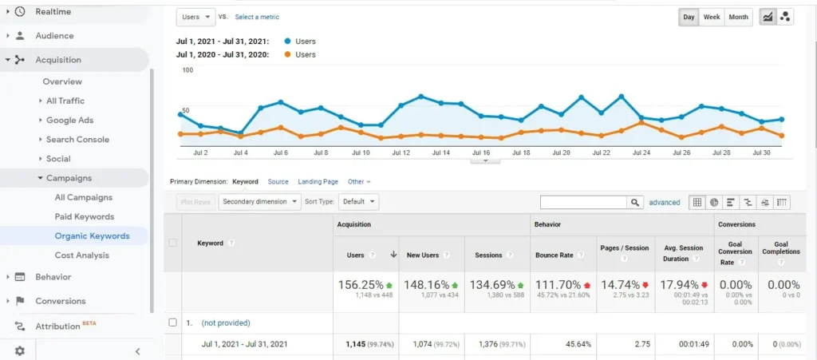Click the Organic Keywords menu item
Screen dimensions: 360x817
[92, 235]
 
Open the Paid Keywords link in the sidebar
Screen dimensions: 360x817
[85, 216]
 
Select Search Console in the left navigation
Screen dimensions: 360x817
[77, 139]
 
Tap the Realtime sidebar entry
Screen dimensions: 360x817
[53, 11]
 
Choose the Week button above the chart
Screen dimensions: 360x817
[712, 17]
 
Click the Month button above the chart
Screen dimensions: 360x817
[739, 17]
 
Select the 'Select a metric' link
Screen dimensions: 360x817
[257, 17]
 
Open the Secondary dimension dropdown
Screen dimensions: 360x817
[259, 202]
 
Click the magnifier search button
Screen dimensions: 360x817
[635, 203]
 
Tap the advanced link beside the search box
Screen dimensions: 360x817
[665, 203]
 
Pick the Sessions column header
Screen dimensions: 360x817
[488, 255]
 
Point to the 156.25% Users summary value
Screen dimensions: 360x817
[361, 285]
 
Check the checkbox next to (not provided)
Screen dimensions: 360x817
[172, 322]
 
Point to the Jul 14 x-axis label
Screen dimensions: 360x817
[440, 152]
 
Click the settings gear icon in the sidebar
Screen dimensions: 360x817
[20, 350]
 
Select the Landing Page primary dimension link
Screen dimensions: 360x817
[318, 182]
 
